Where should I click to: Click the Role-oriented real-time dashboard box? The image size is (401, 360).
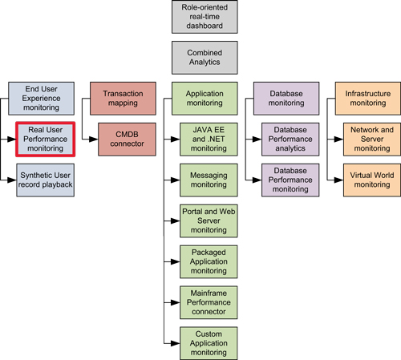[x=205, y=17]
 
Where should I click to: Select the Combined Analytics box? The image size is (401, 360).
[x=205, y=58]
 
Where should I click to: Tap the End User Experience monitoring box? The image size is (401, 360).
[x=41, y=99]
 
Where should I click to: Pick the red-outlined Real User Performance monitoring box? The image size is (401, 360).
[x=45, y=139]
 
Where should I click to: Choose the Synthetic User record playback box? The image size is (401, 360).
[x=45, y=180]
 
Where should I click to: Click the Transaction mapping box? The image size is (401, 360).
[x=123, y=99]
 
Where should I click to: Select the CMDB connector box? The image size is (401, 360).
[x=127, y=140]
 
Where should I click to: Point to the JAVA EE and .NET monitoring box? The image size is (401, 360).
[x=209, y=140]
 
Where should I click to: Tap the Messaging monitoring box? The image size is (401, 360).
[x=209, y=180]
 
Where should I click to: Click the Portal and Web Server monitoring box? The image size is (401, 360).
[x=209, y=220]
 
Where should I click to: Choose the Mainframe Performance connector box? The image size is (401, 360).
[x=209, y=302]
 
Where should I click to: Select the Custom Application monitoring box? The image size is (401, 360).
[x=209, y=343]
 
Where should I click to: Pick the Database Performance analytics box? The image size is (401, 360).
[x=290, y=140]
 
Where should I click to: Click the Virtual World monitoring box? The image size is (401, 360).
[x=372, y=180]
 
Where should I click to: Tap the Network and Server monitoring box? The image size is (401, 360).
[x=372, y=140]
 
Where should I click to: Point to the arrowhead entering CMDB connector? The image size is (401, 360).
[x=94, y=140]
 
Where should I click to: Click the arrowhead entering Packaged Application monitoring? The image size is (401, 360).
[x=176, y=261]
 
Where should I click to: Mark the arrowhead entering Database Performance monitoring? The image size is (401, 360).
[x=257, y=180]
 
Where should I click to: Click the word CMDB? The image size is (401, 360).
[x=127, y=135]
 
